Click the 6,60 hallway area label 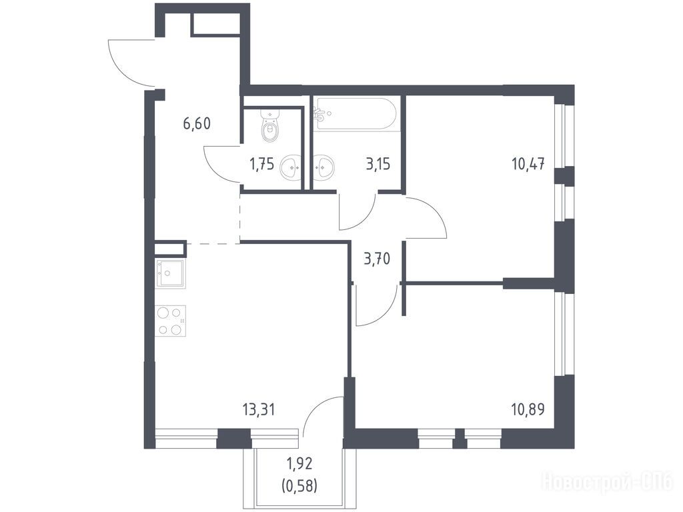pyautogui.click(x=197, y=124)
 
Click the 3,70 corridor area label pyautogui.click(x=378, y=259)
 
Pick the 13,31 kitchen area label pyautogui.click(x=259, y=409)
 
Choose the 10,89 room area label pyautogui.click(x=528, y=409)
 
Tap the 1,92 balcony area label pyautogui.click(x=299, y=464)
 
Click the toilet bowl pyautogui.click(x=271, y=126)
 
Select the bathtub pyautogui.click(x=357, y=114)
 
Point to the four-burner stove pyautogui.click(x=171, y=321)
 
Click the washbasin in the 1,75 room pyautogui.click(x=291, y=167)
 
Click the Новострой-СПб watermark pyautogui.click(x=608, y=482)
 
